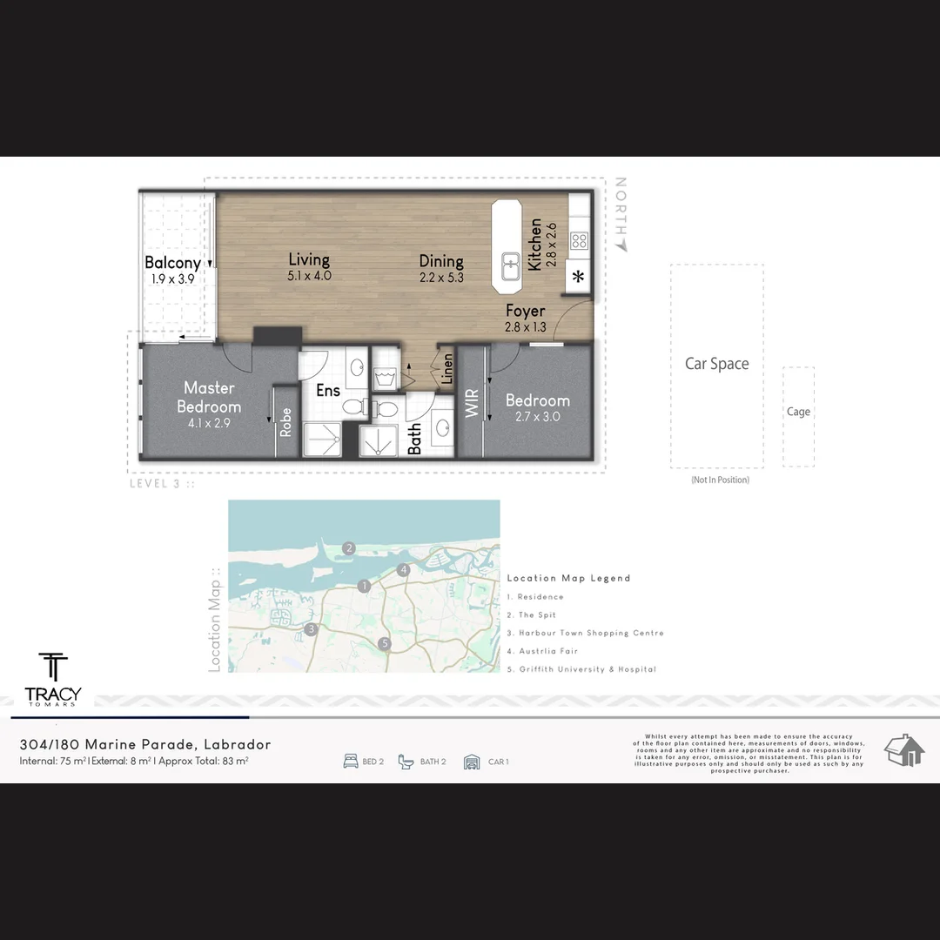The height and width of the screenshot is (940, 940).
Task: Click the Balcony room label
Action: (172, 262)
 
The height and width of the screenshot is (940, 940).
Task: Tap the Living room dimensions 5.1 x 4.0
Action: (309, 276)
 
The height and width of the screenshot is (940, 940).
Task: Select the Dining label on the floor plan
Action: (440, 261)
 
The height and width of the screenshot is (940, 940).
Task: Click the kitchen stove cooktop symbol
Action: (580, 241)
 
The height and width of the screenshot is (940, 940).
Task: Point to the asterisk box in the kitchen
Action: (578, 279)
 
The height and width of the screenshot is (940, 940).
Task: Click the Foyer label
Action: (525, 311)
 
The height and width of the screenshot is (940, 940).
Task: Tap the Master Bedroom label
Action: (209, 397)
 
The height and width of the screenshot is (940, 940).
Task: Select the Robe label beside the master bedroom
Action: (285, 423)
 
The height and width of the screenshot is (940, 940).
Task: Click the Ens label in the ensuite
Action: (327, 391)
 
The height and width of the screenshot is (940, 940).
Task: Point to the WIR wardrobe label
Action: (473, 403)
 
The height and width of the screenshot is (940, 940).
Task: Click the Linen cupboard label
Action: (447, 369)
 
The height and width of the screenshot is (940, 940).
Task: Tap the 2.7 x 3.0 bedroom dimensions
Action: (538, 417)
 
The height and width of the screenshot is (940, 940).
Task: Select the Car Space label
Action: (716, 364)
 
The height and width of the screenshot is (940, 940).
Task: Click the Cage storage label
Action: (798, 412)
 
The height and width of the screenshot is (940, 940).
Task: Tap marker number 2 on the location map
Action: (348, 548)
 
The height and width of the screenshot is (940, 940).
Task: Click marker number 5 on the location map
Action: (385, 644)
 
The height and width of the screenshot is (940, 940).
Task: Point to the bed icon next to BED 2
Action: (351, 762)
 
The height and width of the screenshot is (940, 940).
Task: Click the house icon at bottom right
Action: (903, 750)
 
